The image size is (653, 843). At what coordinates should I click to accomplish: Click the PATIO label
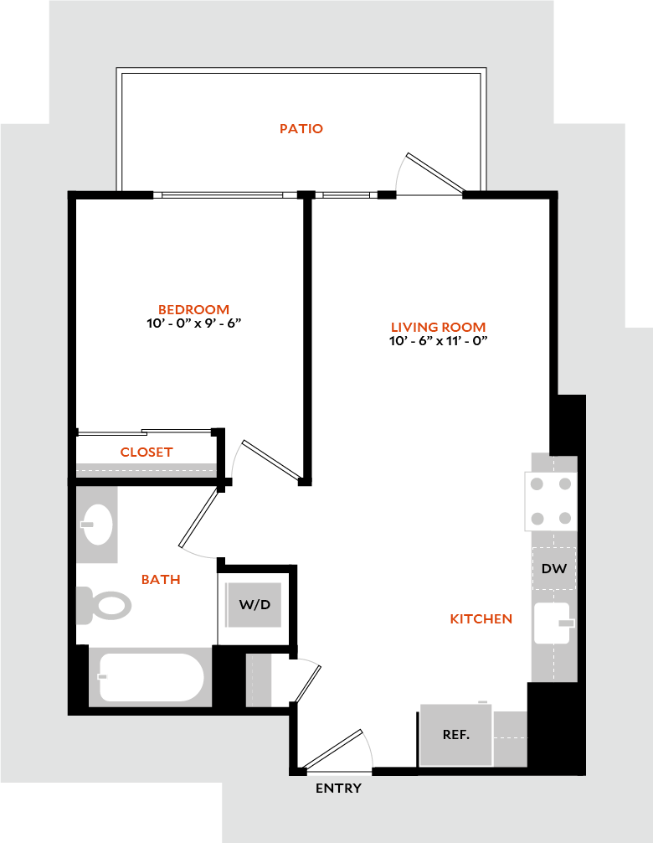(301, 129)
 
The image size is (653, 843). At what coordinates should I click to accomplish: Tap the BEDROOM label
(194, 309)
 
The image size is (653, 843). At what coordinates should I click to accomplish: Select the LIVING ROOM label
(438, 327)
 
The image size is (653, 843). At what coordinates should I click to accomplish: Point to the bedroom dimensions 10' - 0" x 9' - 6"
(194, 323)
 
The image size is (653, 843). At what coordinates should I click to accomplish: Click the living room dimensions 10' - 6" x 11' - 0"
(438, 341)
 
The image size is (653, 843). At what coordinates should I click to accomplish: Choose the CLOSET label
(147, 453)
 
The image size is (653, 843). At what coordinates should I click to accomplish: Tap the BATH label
(161, 579)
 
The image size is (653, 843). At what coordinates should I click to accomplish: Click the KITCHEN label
(481, 619)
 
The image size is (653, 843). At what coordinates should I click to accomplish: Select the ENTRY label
(338, 789)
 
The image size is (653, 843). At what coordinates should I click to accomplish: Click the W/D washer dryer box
(255, 604)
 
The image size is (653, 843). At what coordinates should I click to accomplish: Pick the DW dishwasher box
(553, 569)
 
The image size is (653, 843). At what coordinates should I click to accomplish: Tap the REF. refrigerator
(455, 735)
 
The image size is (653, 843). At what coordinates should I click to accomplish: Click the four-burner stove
(552, 501)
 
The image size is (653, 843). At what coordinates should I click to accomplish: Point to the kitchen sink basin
(552, 623)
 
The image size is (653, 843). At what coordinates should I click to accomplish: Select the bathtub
(151, 677)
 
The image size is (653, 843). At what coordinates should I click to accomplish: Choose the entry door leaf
(335, 749)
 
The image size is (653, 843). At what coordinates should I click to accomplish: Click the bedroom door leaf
(271, 461)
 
